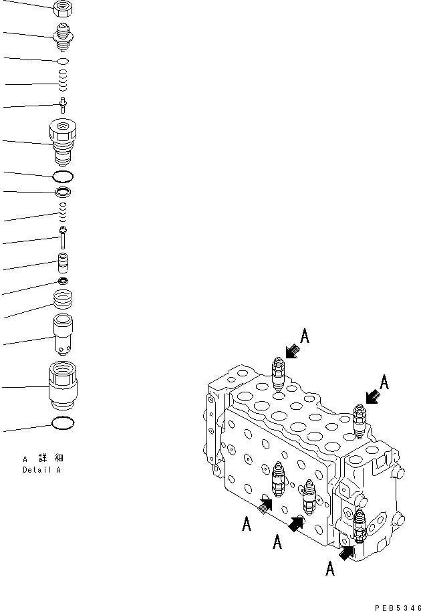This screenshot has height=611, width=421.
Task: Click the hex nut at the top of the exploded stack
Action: tap(62, 9)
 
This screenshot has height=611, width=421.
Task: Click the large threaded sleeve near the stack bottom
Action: tap(63, 385)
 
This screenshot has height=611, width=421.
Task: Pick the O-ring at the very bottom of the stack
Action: tap(63, 423)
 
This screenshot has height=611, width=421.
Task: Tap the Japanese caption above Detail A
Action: tap(43, 459)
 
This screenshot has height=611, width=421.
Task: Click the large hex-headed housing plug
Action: tap(63, 141)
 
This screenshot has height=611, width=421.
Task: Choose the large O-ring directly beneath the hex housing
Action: tap(63, 176)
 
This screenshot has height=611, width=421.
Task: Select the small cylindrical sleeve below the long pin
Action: tap(63, 261)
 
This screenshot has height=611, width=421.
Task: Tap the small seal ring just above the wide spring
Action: tap(63, 279)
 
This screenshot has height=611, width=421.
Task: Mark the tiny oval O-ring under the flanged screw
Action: tap(63, 61)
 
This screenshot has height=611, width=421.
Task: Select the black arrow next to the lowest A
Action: tap(346, 552)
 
